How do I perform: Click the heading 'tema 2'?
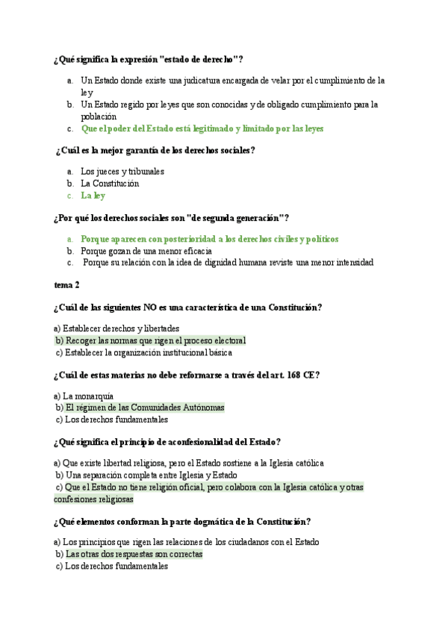click(66, 284)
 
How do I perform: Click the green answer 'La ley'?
click(93, 196)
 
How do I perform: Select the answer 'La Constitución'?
click(110, 183)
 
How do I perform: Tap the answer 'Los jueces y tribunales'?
click(122, 171)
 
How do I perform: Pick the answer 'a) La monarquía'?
click(84, 396)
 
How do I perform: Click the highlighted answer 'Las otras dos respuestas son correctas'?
click(134, 555)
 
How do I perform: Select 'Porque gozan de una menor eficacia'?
click(141, 251)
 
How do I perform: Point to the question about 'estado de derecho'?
click(149, 60)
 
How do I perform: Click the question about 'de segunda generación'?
click(171, 217)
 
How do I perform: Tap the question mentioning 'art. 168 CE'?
click(187, 375)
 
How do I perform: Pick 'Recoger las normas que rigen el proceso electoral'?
click(155, 340)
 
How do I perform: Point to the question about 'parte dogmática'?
click(182, 521)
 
